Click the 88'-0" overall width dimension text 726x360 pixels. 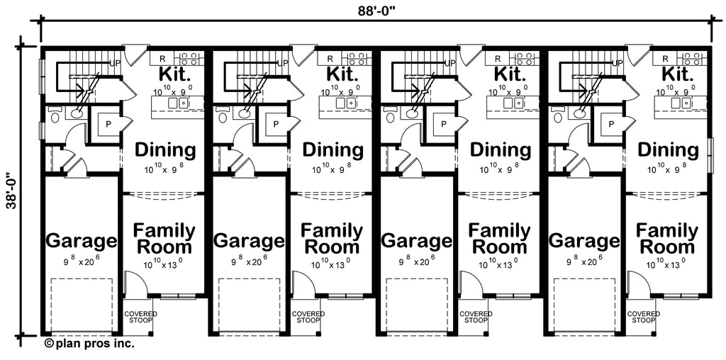point(376,10)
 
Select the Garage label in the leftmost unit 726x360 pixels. point(81,241)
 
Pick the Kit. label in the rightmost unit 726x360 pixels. point(678,74)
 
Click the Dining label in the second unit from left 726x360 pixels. point(333,150)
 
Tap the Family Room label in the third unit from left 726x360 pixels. point(499,239)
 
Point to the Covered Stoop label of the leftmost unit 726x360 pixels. point(141,317)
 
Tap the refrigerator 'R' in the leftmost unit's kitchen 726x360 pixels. point(162,58)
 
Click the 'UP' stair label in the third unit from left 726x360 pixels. point(449,63)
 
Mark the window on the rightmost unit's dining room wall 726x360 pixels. point(709,151)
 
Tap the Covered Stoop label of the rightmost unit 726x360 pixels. point(643,317)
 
